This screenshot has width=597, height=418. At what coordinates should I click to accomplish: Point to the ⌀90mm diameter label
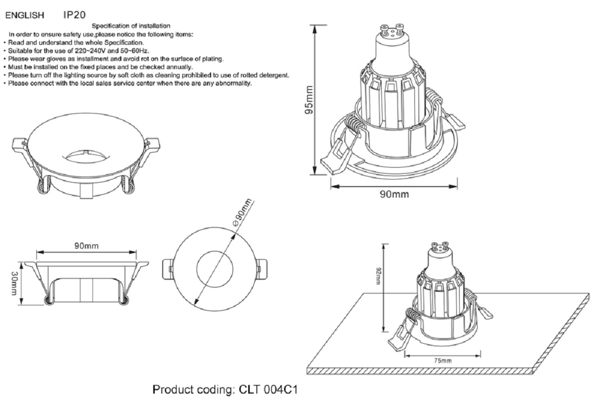point(242,213)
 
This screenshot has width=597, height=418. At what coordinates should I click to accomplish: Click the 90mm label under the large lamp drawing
point(395,194)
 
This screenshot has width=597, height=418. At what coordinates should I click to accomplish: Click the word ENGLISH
point(25,16)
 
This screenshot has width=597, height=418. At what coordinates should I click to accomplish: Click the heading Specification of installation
point(131,25)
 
